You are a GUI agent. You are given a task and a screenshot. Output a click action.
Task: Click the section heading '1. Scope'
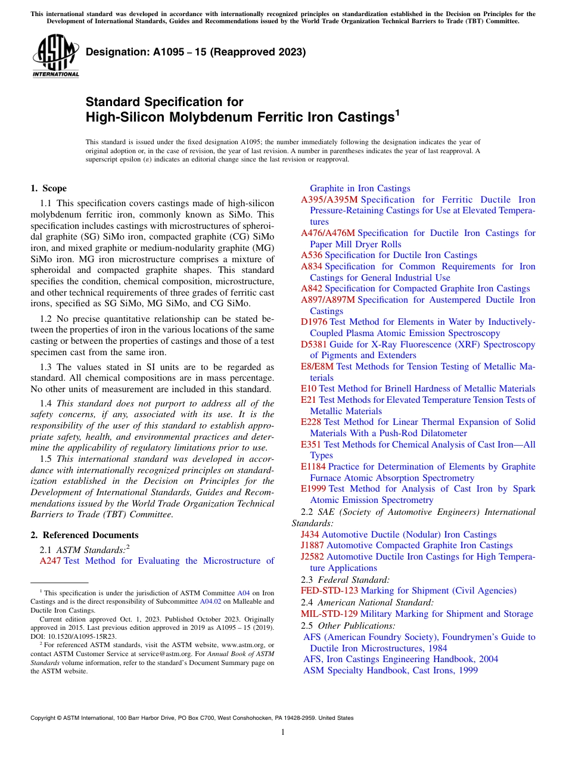[49, 188]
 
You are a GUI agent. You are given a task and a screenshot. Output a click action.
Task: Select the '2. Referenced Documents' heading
[85, 535]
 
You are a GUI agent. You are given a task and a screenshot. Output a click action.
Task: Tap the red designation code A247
[51, 561]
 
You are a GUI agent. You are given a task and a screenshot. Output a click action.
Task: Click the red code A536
[312, 255]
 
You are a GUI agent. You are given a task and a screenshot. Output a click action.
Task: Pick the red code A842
[312, 288]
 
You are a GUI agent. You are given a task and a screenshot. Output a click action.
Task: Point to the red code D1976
[314, 322]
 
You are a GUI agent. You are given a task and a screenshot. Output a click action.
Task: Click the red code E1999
[313, 489]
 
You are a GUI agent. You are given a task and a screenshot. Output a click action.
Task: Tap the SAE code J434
[310, 535]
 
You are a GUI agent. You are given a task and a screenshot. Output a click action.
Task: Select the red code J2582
[312, 557]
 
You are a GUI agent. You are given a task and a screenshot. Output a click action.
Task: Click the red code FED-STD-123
[329, 591]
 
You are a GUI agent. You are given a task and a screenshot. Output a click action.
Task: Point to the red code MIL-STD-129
[329, 614]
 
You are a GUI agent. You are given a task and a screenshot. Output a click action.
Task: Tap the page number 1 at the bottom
[283, 733]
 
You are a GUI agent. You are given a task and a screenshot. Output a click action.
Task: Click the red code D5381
[314, 344]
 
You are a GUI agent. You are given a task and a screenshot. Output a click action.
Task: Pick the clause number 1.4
[45, 403]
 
